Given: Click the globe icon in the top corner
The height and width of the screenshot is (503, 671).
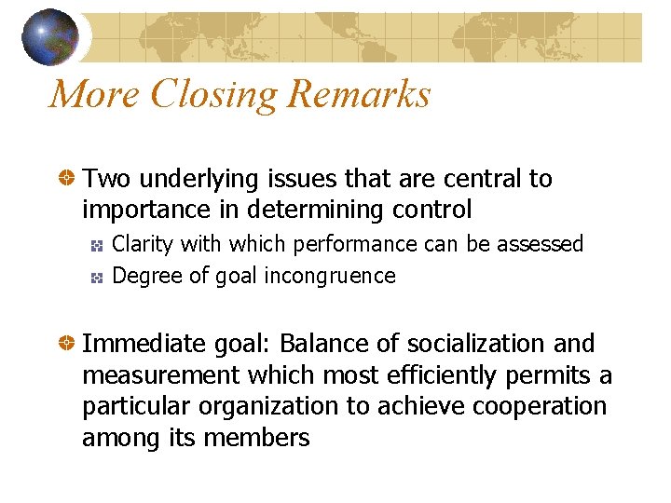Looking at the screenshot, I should tap(49, 36).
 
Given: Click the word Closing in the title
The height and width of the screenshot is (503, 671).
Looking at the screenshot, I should tap(215, 94).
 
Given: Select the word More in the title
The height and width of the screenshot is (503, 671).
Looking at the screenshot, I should tap(94, 94).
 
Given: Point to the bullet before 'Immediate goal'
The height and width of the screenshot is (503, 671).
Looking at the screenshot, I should tap(66, 344).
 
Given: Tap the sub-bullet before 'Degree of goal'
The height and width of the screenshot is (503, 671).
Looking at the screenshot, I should tap(96, 277).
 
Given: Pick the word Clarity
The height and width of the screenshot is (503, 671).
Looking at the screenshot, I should tap(143, 244).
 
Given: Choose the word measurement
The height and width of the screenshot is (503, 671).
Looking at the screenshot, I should tap(153, 375).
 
